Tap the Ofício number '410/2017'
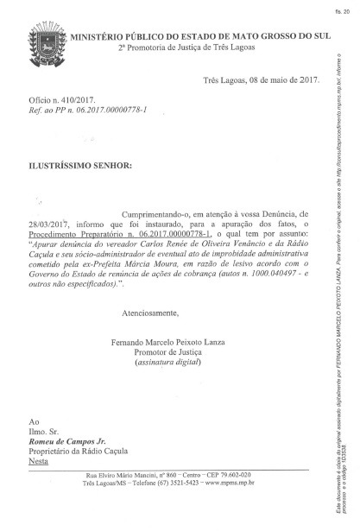click(85, 124)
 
